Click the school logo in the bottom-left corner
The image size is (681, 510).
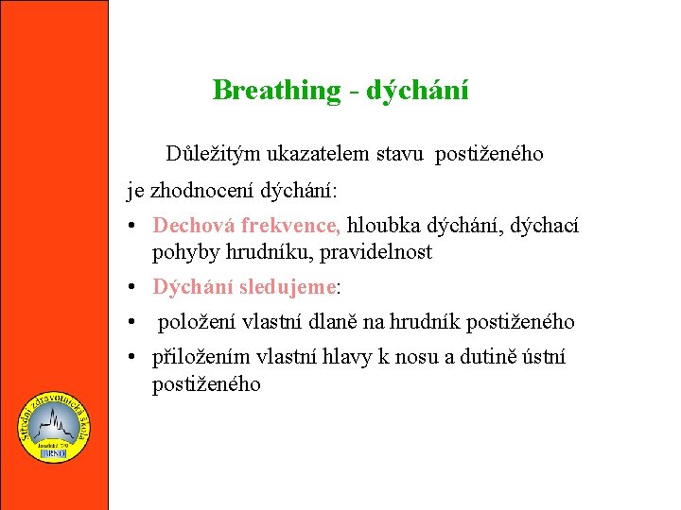pos(55,428)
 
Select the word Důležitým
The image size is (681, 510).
pos(212,154)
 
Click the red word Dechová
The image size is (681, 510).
pos(194,226)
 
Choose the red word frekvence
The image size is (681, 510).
pos(290,226)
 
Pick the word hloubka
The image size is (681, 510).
pos(384,226)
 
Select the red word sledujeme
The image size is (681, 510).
pos(288,287)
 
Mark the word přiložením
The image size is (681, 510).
pos(199,358)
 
